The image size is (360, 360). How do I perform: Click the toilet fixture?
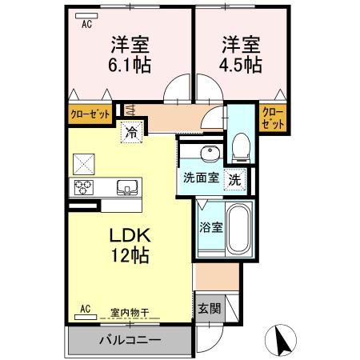click(238, 145)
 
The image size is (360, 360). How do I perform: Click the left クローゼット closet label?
click(89, 114)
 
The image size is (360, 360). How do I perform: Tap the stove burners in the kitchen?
click(84, 189)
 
